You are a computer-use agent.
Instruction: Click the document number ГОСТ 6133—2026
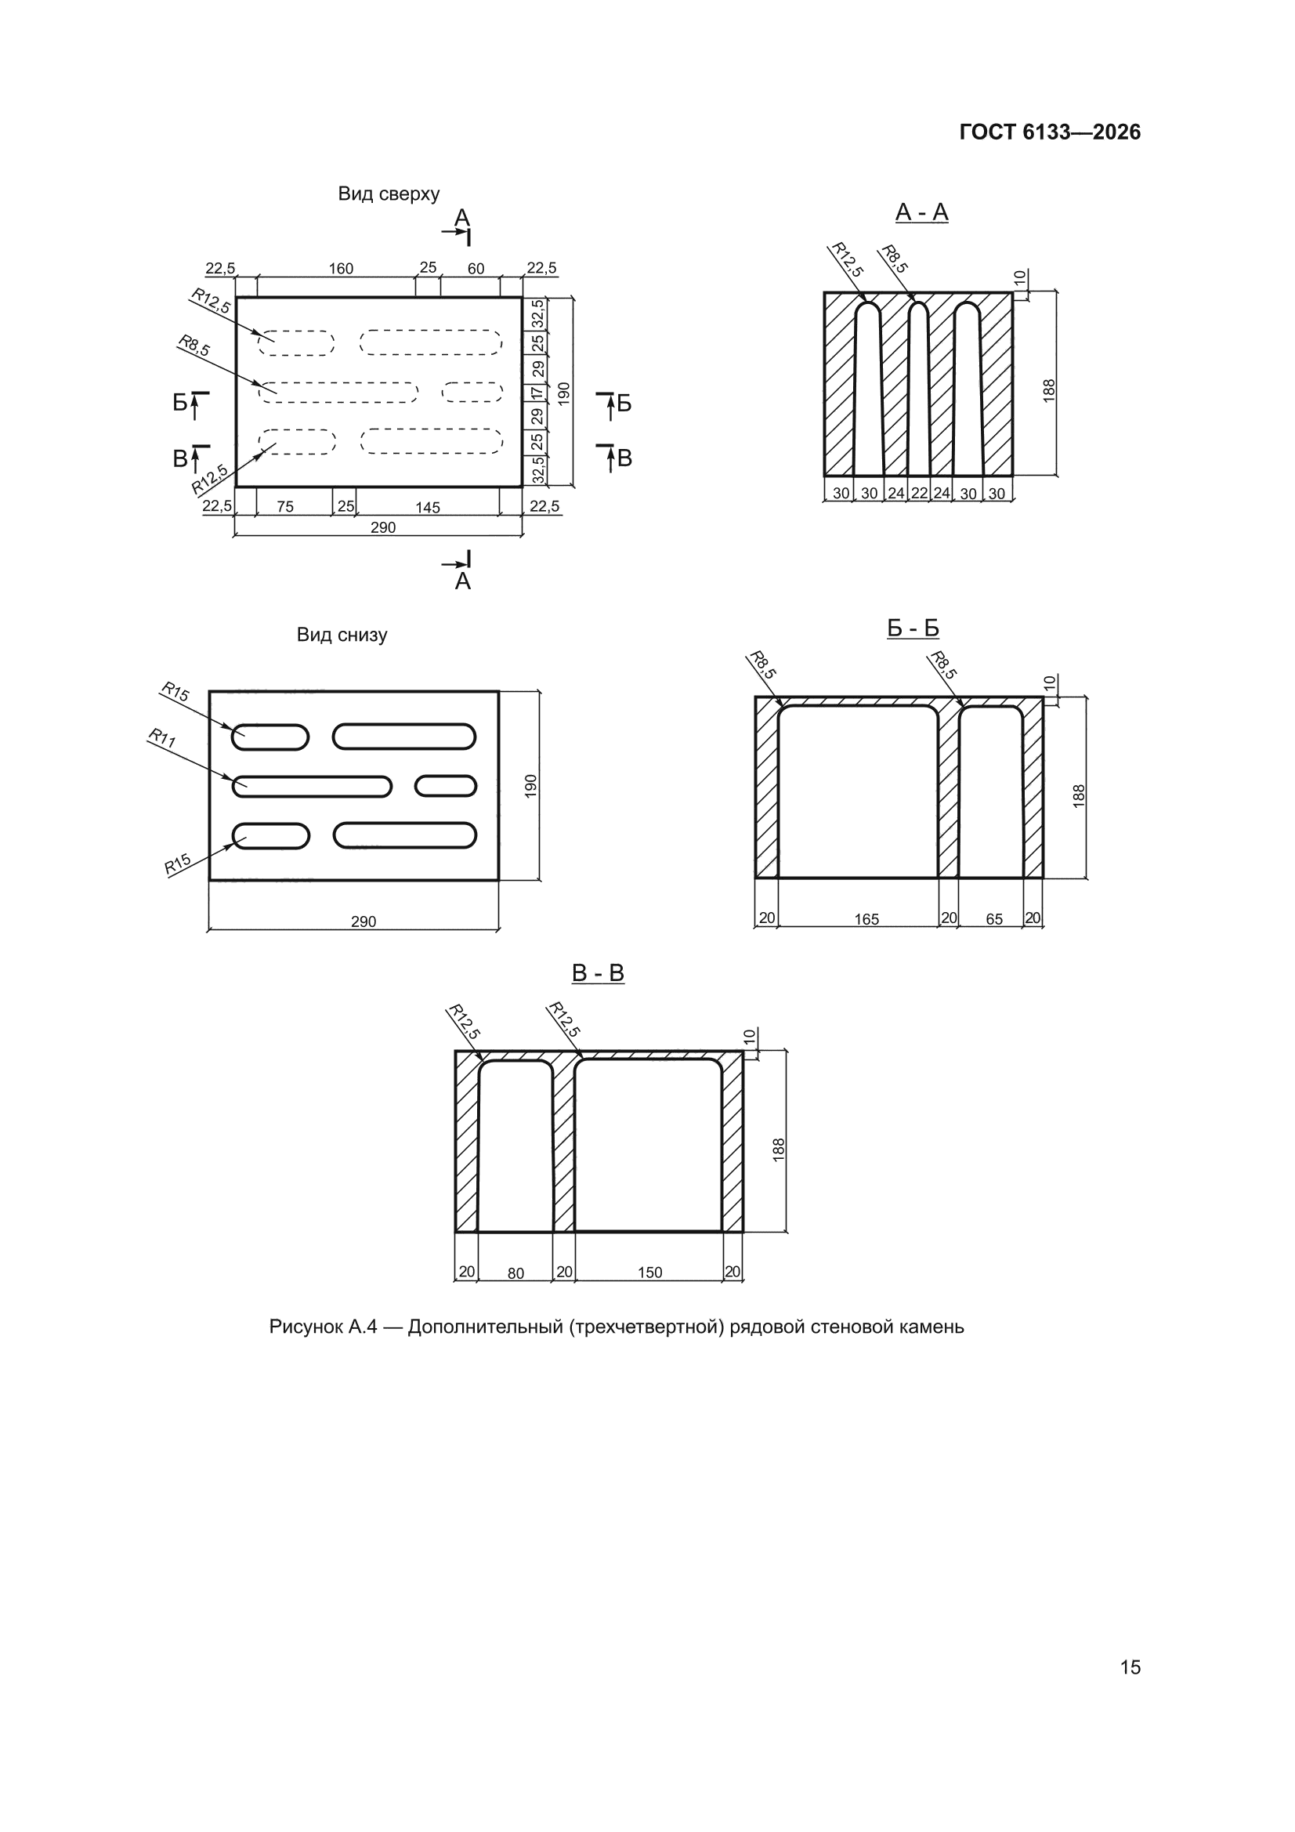pyautogui.click(x=1049, y=132)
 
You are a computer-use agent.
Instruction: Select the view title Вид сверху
pyautogui.click(x=389, y=194)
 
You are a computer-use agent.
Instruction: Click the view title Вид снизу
pyautogui.click(x=342, y=635)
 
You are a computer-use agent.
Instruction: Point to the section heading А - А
pyautogui.click(x=921, y=212)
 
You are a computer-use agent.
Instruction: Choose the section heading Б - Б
pyautogui.click(x=913, y=628)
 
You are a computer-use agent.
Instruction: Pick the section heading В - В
pyautogui.click(x=598, y=973)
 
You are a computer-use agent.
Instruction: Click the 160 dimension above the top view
pyautogui.click(x=341, y=269)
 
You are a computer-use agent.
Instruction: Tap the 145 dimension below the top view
pyautogui.click(x=428, y=508)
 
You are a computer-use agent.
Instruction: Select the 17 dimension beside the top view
pyautogui.click(x=537, y=393)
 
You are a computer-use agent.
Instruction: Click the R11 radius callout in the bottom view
pyautogui.click(x=162, y=738)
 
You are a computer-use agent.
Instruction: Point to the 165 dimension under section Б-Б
pyautogui.click(x=866, y=919)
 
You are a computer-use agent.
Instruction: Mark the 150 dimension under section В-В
pyautogui.click(x=649, y=1273)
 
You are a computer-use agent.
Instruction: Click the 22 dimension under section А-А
pyautogui.click(x=919, y=493)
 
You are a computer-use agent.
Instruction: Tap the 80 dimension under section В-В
pyautogui.click(x=515, y=1273)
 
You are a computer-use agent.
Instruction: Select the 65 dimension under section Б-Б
pyautogui.click(x=994, y=919)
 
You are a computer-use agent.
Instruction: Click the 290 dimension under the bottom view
pyautogui.click(x=363, y=921)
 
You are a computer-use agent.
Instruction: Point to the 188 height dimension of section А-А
pyautogui.click(x=1049, y=390)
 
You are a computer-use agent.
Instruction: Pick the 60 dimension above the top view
pyautogui.click(x=476, y=269)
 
